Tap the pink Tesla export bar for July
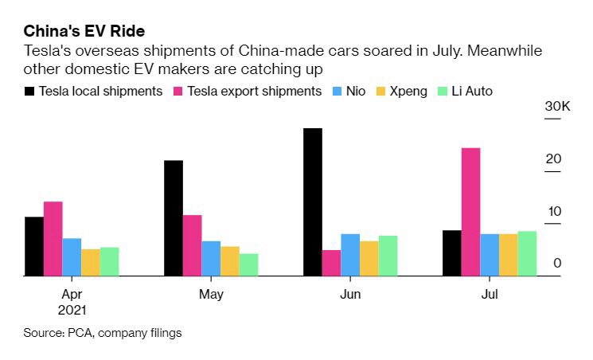[x=471, y=212]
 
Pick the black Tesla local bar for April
[x=34, y=246]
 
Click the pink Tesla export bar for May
[x=192, y=245]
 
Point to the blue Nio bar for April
[x=72, y=256]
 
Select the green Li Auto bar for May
[x=248, y=264]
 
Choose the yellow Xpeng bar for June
[x=369, y=258]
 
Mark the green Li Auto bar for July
[x=527, y=253]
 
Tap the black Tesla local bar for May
[x=174, y=218]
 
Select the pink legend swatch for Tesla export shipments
[x=178, y=91]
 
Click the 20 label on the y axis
[x=554, y=159]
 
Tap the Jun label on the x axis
[x=350, y=295]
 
